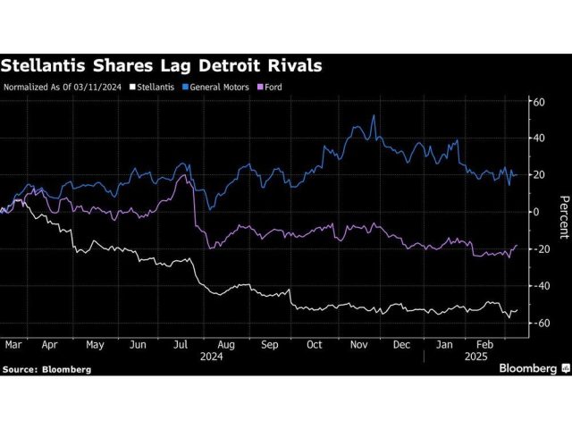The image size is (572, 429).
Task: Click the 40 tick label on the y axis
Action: [539, 138]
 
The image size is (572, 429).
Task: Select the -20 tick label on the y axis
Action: [537, 249]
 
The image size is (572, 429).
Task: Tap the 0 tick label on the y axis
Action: [536, 212]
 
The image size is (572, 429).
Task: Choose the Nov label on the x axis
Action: [358, 342]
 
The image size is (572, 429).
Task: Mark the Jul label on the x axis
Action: [179, 342]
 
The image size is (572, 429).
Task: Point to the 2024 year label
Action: [213, 354]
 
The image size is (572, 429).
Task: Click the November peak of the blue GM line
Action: [374, 115]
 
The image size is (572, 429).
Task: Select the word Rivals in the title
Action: [290, 65]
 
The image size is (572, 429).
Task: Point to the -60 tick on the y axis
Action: [537, 323]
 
